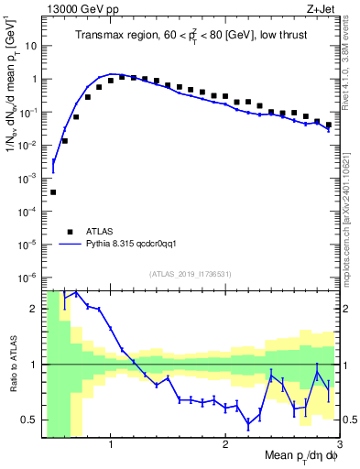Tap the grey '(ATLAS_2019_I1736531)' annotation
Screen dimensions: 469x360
click(x=191, y=274)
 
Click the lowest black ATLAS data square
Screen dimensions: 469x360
click(x=53, y=192)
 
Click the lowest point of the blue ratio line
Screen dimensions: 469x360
click(x=248, y=424)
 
